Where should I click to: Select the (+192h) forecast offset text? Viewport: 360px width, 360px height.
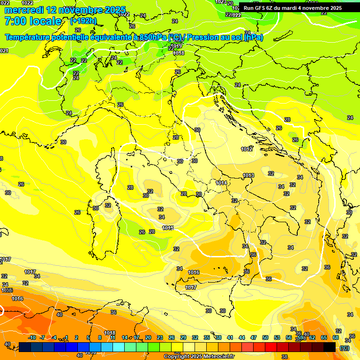pyautogui.click(x=83, y=21)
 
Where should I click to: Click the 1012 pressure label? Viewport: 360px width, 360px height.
pyautogui.click(x=247, y=149)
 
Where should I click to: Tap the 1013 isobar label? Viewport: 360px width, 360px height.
pyautogui.click(x=248, y=176)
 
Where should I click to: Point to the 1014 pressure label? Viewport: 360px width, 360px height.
pyautogui.click(x=221, y=183)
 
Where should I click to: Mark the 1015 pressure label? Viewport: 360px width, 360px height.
pyautogui.click(x=168, y=228)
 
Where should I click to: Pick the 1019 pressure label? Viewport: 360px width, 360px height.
pyautogui.click(x=177, y=46)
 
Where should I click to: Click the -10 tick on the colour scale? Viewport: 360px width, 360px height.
pyautogui.click(x=32, y=337)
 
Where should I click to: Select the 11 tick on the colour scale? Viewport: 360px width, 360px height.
pyautogui.click(x=113, y=337)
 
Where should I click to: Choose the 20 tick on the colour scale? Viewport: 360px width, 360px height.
pyautogui.click(x=148, y=337)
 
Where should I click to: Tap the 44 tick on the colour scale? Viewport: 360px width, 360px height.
pyautogui.click(x=242, y=337)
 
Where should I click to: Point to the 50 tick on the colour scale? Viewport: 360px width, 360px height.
pyautogui.click(x=265, y=337)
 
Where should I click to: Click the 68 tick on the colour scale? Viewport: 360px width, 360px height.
pyautogui.click(x=336, y=337)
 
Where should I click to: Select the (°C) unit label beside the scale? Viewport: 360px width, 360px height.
pyautogui.click(x=345, y=348)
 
